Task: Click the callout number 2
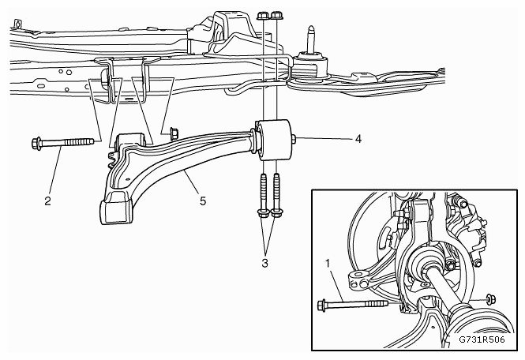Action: tap(47, 201)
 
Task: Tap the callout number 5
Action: tap(203, 201)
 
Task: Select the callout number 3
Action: tap(264, 263)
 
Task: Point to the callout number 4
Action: tap(358, 139)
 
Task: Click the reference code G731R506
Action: tap(482, 339)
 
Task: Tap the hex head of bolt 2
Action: tap(36, 144)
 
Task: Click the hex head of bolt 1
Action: tap(321, 305)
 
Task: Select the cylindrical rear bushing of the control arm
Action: tap(273, 140)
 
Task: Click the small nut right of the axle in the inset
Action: tap(491, 298)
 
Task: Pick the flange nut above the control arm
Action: tap(174, 133)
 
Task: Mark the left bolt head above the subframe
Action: tap(262, 16)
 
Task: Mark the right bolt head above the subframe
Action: tap(276, 16)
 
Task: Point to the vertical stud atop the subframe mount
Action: tap(311, 39)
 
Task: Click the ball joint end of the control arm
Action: tap(115, 211)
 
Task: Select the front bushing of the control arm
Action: tap(129, 143)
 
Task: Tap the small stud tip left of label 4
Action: tap(294, 139)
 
